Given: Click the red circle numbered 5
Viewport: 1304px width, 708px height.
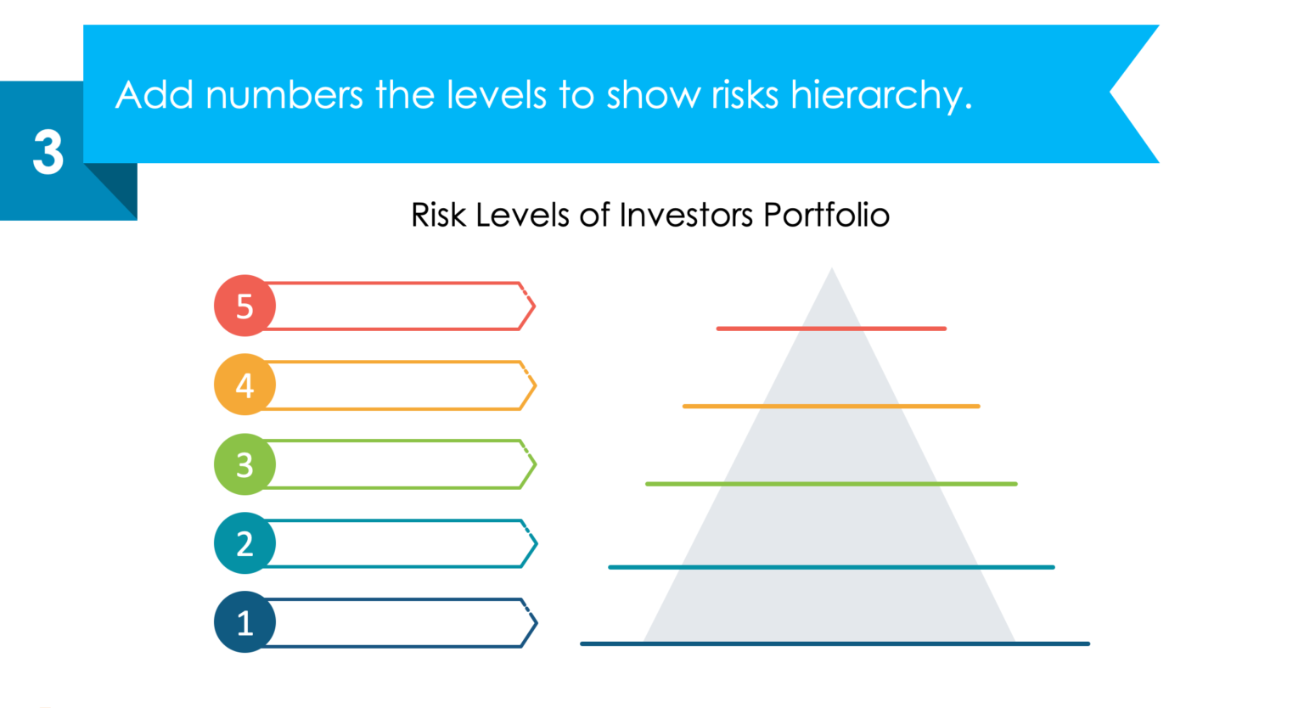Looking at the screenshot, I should click(244, 306).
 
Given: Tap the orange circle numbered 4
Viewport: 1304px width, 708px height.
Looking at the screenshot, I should click(244, 385).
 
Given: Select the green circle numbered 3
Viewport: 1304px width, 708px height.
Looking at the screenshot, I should click(244, 464).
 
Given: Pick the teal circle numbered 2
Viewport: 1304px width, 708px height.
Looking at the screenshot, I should click(244, 543).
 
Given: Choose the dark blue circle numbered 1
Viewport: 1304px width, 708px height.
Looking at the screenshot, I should click(244, 622).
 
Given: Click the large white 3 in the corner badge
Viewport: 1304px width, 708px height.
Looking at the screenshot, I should click(48, 153).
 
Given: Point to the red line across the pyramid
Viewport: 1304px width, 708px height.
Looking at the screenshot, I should click(830, 329).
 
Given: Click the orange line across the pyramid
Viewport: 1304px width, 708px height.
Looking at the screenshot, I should click(830, 407).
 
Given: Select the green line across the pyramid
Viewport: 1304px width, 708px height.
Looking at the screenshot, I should click(830, 484).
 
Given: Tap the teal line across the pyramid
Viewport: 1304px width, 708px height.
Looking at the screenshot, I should click(830, 567).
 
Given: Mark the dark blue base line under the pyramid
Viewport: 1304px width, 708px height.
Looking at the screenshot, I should click(834, 644).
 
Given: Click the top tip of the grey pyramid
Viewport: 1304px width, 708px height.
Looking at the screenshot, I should click(832, 271).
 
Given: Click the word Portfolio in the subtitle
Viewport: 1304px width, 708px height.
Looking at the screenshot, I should click(826, 216).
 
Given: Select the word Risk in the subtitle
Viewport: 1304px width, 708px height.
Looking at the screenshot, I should click(439, 216).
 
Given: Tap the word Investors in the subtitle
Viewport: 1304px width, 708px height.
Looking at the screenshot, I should click(686, 216).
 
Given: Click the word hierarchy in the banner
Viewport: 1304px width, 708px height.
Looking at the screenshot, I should click(880, 95).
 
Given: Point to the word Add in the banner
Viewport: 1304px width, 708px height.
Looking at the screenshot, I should click(155, 95).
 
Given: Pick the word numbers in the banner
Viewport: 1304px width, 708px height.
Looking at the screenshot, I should click(284, 95).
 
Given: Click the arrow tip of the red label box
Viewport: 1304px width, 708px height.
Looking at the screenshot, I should click(533, 306).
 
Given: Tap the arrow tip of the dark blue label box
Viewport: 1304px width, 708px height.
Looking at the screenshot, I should click(535, 623).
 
